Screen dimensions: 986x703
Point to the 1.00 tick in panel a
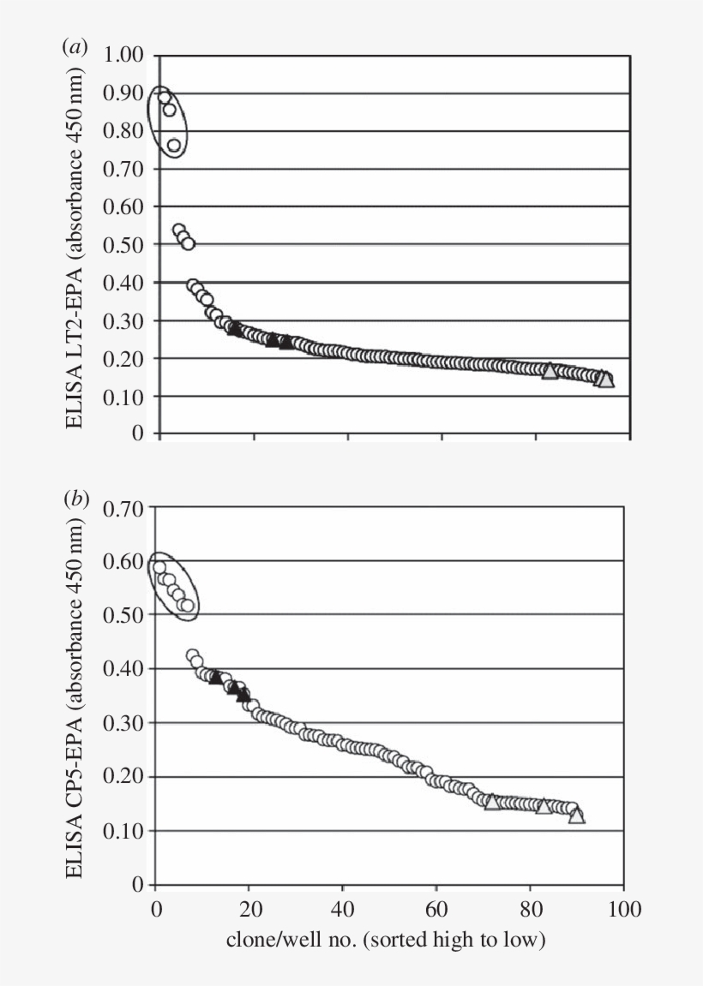125,57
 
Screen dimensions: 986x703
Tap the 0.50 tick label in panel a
125,245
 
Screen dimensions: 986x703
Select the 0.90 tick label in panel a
125,94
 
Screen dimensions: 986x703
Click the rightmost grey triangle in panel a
605,379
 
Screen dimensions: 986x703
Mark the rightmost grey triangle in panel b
577,816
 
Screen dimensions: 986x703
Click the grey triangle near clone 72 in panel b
492,802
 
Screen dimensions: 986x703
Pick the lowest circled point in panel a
174,146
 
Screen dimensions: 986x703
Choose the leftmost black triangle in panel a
236,328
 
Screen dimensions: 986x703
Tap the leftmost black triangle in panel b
215,677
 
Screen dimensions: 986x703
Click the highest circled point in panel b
159,567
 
